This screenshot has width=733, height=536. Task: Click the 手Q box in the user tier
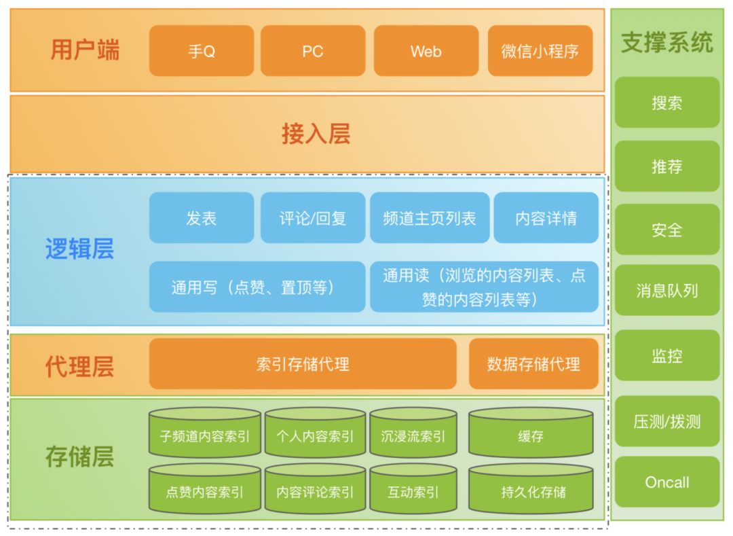coord(202,51)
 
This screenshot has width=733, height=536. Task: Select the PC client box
coord(313,51)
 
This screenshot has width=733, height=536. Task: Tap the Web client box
coord(426,51)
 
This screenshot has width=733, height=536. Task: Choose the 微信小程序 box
coord(540,51)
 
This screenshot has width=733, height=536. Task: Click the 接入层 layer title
coord(316,134)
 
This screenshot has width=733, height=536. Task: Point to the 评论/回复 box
coord(313,218)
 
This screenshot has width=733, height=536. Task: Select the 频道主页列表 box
coord(429,218)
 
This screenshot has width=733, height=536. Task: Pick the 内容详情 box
coord(546,218)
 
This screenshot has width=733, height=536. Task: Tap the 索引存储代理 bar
coord(303,364)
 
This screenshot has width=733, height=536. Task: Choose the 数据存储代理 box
coord(533,364)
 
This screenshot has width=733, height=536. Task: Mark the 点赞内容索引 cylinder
coord(205,490)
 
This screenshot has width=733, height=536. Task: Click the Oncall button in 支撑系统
coord(667,482)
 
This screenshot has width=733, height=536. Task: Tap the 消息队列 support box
coord(667,291)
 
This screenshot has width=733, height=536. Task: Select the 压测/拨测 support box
coord(667,421)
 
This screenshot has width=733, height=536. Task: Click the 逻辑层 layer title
coord(79,250)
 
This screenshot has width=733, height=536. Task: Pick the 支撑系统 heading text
coord(667,43)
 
